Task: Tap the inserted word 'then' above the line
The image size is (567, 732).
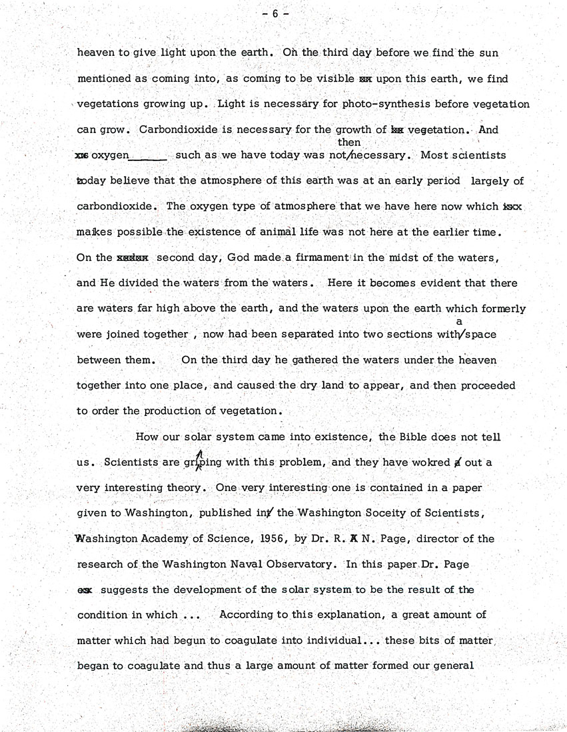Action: coord(349,142)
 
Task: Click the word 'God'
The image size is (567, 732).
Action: coord(238,258)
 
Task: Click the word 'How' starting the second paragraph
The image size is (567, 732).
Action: coord(147,437)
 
